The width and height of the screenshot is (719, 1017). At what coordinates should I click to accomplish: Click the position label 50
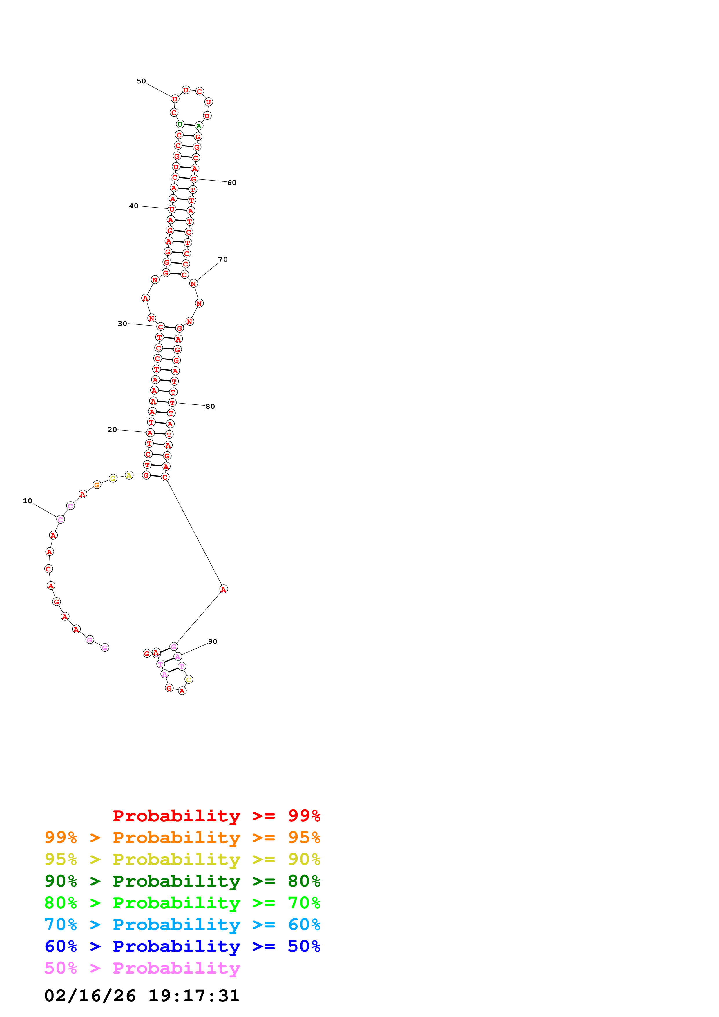tap(141, 81)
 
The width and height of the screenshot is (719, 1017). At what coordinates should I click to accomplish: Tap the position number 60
tap(232, 182)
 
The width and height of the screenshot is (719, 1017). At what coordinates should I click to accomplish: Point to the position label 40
tap(133, 206)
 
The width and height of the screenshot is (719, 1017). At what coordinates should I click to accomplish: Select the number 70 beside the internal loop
tap(223, 259)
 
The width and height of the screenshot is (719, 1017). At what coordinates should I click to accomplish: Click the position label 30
tap(122, 324)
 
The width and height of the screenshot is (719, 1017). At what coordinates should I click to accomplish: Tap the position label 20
tap(112, 430)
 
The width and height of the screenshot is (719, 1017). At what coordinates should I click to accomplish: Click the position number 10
tap(28, 501)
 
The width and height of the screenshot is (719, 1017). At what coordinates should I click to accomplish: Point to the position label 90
tap(213, 641)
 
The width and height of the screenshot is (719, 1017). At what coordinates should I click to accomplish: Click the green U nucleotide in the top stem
tap(180, 124)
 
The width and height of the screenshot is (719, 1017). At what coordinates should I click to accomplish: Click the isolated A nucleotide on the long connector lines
tap(224, 589)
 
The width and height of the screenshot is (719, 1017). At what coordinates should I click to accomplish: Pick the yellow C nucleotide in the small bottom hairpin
tap(189, 680)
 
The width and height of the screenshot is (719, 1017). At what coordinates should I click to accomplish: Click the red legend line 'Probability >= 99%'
tap(216, 816)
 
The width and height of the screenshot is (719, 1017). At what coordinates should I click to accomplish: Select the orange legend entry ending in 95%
tap(182, 838)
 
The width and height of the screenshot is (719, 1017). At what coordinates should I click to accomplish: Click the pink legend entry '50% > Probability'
tap(142, 968)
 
